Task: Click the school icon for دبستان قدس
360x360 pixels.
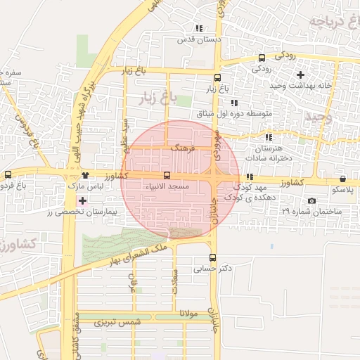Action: tap(199, 30)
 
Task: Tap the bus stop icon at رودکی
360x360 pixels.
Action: tap(262, 58)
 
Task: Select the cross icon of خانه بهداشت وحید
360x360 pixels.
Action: tap(301, 75)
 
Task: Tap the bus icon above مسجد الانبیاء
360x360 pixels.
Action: tap(166, 175)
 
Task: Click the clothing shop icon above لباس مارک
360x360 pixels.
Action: tap(85, 175)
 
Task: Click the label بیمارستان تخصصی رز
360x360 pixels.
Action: tap(83, 212)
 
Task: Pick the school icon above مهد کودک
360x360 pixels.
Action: tap(249, 177)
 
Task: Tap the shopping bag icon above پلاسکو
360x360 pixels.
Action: tap(342, 179)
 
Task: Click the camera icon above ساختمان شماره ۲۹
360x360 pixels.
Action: tap(312, 201)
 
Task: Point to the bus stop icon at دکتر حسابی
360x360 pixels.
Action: tap(213, 257)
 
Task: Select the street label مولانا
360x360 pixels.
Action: tap(191, 312)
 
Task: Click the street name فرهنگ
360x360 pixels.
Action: tap(180, 149)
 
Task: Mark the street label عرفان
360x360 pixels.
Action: tap(131, 282)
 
